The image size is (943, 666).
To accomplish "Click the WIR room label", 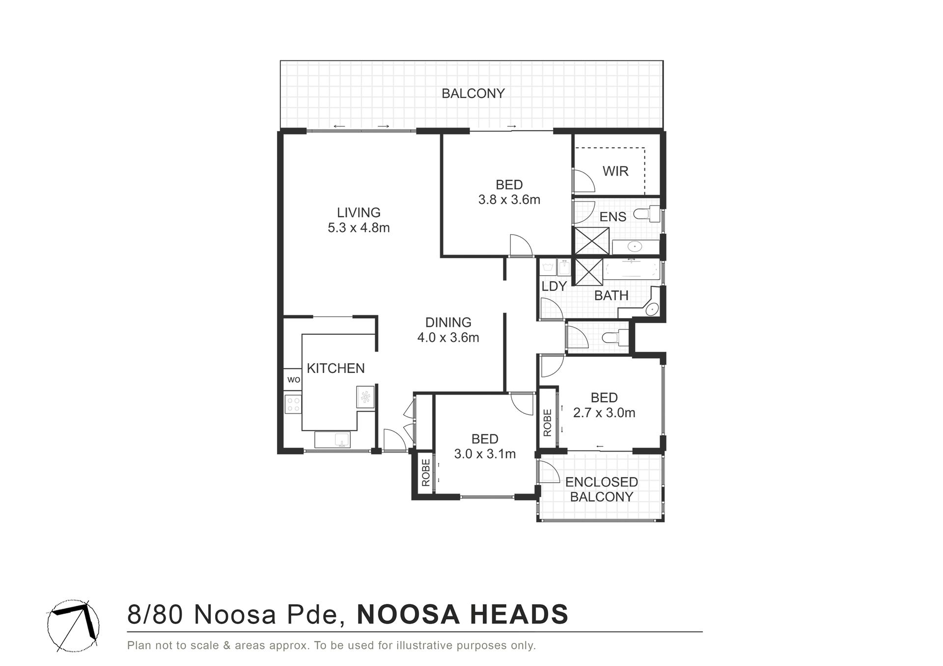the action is pyautogui.click(x=615, y=171).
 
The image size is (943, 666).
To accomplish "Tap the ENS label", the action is pyautogui.click(x=613, y=216).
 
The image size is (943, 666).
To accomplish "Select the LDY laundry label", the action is pyautogui.click(x=555, y=286).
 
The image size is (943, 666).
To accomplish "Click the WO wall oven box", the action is pyautogui.click(x=293, y=379).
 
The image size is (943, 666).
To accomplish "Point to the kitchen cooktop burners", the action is pyautogui.click(x=293, y=404).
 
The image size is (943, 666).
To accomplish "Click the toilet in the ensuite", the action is pyautogui.click(x=647, y=214).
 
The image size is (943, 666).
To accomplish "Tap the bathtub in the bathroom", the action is pyautogui.click(x=632, y=270).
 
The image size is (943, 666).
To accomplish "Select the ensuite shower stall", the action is pyautogui.click(x=592, y=241).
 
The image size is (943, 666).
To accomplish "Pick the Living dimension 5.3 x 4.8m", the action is pyautogui.click(x=359, y=228).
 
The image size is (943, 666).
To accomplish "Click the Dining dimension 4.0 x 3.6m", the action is pyautogui.click(x=448, y=338).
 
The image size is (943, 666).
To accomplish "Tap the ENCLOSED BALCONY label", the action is pyautogui.click(x=602, y=489).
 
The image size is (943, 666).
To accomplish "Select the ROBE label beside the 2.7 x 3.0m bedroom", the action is pyautogui.click(x=547, y=423).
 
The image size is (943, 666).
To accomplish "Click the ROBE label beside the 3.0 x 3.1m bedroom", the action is pyautogui.click(x=425, y=473).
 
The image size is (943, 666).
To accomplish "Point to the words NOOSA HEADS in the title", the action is pyautogui.click(x=462, y=614).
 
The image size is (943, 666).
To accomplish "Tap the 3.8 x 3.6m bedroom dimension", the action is pyautogui.click(x=509, y=200).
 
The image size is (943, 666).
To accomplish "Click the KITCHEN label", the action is pyautogui.click(x=335, y=368).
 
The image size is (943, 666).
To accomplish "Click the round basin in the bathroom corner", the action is pyautogui.click(x=652, y=309).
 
